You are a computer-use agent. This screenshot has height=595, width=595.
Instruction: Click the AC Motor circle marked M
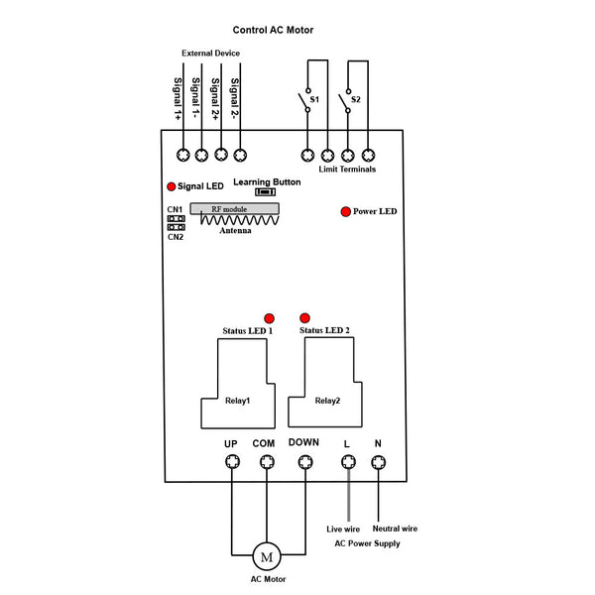click(x=266, y=555)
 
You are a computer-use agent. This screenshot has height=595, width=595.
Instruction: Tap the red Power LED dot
click(x=345, y=211)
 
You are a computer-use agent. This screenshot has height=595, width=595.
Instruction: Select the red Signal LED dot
click(x=171, y=186)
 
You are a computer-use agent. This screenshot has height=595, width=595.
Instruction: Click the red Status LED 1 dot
click(x=268, y=316)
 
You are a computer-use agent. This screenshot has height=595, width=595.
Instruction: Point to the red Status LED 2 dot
click(x=304, y=316)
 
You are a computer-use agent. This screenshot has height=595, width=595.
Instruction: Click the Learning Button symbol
click(x=265, y=192)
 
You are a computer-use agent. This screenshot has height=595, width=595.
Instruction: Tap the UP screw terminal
click(x=231, y=462)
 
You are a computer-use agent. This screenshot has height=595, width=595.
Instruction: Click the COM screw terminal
click(x=265, y=462)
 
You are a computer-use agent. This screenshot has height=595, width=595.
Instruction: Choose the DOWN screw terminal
click(x=304, y=462)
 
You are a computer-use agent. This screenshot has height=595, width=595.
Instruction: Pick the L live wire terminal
click(x=347, y=462)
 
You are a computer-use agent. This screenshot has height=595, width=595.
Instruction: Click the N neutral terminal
click(x=378, y=462)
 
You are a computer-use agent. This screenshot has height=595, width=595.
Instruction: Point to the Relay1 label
click(x=237, y=401)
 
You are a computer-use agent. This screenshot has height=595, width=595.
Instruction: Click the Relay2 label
click(x=327, y=401)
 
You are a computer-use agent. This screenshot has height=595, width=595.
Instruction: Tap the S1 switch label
click(x=314, y=100)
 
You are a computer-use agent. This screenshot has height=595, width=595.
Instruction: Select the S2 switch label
click(x=356, y=100)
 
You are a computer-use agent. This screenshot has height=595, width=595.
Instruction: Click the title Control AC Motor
click(x=273, y=30)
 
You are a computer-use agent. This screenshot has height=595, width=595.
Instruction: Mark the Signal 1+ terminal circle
click(x=183, y=155)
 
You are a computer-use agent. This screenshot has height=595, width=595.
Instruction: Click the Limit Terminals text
click(x=347, y=171)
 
